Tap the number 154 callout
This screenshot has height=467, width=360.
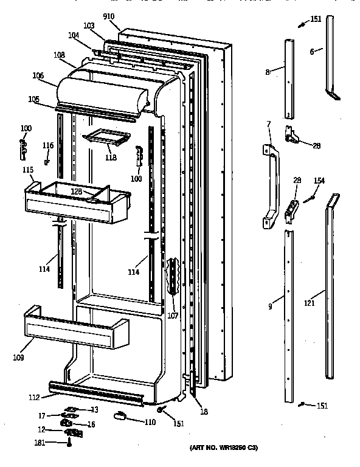tap(319, 181)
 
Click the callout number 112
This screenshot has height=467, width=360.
tap(33, 398)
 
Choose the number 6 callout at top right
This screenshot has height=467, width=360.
tap(311, 52)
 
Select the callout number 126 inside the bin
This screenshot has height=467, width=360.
tap(77, 191)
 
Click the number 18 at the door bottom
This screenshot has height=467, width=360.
tap(204, 412)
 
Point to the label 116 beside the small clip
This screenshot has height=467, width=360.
tap(48, 145)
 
